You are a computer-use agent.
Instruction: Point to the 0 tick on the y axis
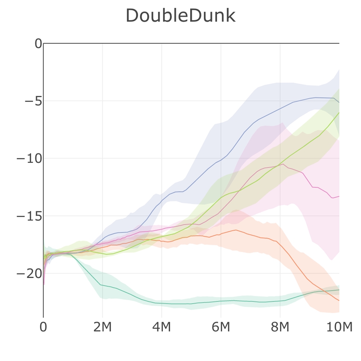point(38,43)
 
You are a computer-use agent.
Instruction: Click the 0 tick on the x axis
point(43,327)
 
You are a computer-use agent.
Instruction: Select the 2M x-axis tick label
point(102,327)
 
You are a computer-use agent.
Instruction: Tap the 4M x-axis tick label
point(162,327)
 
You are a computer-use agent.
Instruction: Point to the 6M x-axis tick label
point(221,327)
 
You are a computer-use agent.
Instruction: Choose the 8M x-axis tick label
point(280,327)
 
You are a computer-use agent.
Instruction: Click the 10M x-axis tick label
point(339,327)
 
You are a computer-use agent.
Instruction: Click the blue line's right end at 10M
point(339,102)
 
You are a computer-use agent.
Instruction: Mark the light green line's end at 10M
point(339,113)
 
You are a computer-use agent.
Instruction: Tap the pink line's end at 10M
point(339,196)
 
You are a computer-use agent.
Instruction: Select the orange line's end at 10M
point(339,300)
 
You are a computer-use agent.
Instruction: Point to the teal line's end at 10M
point(339,290)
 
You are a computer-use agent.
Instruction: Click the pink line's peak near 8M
point(283,164)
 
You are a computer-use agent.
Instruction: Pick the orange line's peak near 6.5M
point(235,230)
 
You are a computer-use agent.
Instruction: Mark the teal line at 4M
point(162,303)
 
